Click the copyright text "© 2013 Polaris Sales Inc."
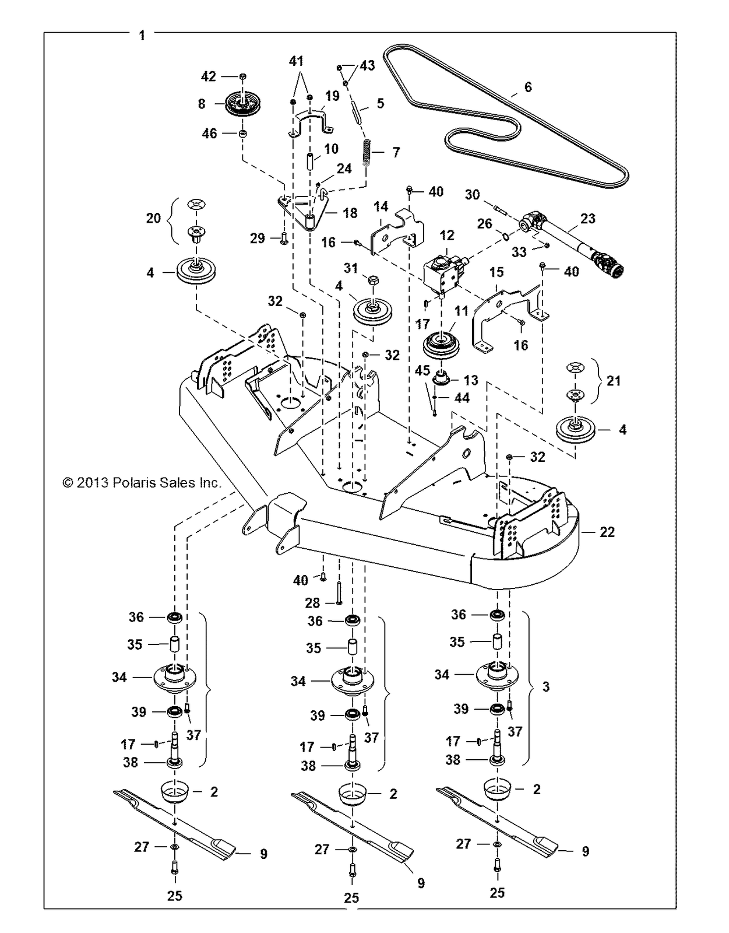142,483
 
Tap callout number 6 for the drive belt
528,87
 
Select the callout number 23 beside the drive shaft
588,219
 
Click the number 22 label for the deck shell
607,532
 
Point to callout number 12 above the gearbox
447,235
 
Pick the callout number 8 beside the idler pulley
202,104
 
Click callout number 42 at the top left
208,76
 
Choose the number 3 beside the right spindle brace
546,687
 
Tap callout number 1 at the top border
142,36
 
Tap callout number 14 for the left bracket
381,206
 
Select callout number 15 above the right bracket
496,272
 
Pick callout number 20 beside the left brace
153,218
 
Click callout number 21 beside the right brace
614,381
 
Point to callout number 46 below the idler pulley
209,134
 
